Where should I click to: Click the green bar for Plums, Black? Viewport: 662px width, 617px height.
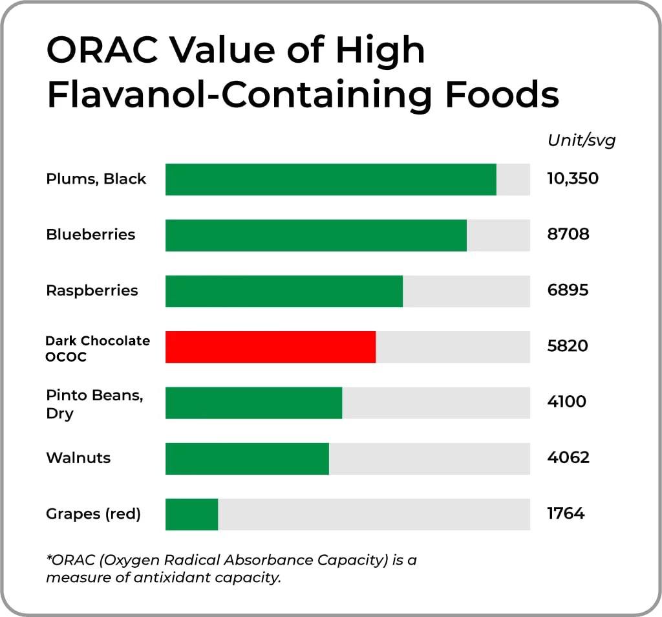pyautogui.click(x=330, y=179)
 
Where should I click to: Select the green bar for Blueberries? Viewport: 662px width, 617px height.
pyautogui.click(x=315, y=235)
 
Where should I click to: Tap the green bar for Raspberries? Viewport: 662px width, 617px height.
pyautogui.click(x=284, y=291)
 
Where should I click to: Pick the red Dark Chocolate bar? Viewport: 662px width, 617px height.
pyautogui.click(x=270, y=347)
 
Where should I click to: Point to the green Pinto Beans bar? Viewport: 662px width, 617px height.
pyautogui.click(x=253, y=403)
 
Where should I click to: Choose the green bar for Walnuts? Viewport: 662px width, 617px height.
pyautogui.click(x=247, y=459)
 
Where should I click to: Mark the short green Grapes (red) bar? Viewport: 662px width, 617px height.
pyautogui.click(x=191, y=514)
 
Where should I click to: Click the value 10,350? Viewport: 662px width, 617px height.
pyautogui.click(x=572, y=179)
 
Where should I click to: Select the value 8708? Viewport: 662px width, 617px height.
pyautogui.click(x=568, y=234)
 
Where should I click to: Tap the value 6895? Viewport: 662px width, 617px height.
pyautogui.click(x=568, y=290)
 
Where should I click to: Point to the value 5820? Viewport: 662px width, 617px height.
pyautogui.click(x=568, y=346)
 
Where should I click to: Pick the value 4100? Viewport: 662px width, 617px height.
pyautogui.click(x=566, y=402)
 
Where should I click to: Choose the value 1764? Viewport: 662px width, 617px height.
pyautogui.click(x=566, y=514)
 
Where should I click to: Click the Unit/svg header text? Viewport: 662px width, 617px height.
pyautogui.click(x=581, y=141)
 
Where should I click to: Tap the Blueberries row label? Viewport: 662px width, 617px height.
pyautogui.click(x=91, y=235)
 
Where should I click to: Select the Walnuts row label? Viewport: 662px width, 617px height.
pyautogui.click(x=78, y=458)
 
